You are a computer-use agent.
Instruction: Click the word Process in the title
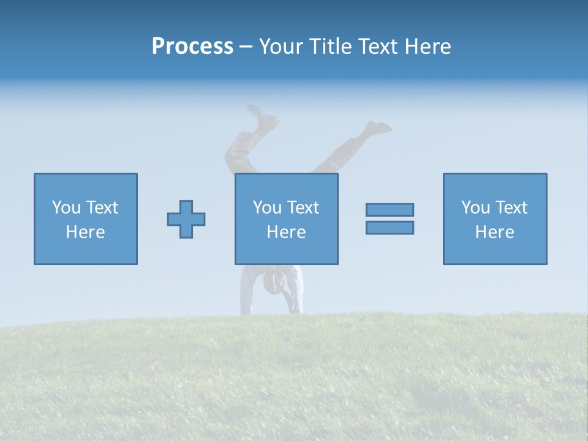pyautogui.click(x=192, y=47)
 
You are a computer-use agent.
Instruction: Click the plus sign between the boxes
pyautogui.click(x=186, y=219)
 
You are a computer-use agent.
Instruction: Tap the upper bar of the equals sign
pyautogui.click(x=390, y=209)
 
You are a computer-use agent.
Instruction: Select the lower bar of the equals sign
pyautogui.click(x=390, y=227)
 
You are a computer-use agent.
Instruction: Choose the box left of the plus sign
pyautogui.click(x=86, y=219)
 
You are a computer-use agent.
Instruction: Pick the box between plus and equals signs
pyautogui.click(x=286, y=219)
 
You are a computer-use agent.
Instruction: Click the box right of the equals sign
pyautogui.click(x=495, y=219)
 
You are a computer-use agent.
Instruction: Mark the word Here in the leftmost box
pyautogui.click(x=86, y=232)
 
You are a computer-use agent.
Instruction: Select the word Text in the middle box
pyautogui.click(x=303, y=208)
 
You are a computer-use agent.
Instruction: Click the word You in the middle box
pyautogui.click(x=266, y=208)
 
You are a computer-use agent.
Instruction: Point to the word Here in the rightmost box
pyautogui.click(x=495, y=232)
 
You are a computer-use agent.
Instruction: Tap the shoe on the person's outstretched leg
pyautogui.click(x=378, y=127)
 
